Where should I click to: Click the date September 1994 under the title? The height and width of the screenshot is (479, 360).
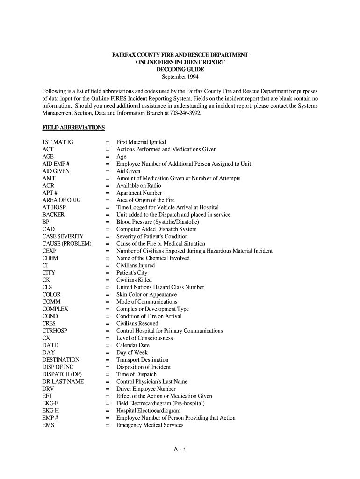[x=180, y=77]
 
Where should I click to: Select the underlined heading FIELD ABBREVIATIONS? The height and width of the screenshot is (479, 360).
[x=73, y=128]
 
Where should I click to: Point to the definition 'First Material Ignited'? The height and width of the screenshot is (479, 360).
[x=141, y=142]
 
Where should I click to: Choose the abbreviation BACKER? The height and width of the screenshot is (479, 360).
[x=53, y=215]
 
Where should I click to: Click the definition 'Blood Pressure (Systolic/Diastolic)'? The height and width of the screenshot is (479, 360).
[x=158, y=222]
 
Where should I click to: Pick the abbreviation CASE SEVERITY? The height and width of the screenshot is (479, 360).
[x=63, y=236]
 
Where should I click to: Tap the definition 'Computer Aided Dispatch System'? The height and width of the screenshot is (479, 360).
[x=157, y=229]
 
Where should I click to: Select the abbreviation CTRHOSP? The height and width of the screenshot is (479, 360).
[x=55, y=331]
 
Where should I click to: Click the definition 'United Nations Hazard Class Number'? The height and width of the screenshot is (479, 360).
[x=160, y=287]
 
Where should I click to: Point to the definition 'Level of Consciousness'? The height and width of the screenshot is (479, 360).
[x=144, y=338]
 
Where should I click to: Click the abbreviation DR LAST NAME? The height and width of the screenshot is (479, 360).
[x=63, y=382]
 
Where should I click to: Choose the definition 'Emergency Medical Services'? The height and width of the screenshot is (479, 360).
[x=150, y=425]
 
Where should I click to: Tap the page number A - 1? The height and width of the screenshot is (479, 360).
[x=180, y=450]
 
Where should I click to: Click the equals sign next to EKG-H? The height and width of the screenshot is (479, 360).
[x=107, y=411]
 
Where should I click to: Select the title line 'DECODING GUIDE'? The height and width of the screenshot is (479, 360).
[x=180, y=69]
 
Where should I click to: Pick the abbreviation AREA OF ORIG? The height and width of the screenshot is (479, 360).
[x=61, y=200]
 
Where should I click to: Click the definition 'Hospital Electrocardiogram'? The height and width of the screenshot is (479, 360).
[x=148, y=411]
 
